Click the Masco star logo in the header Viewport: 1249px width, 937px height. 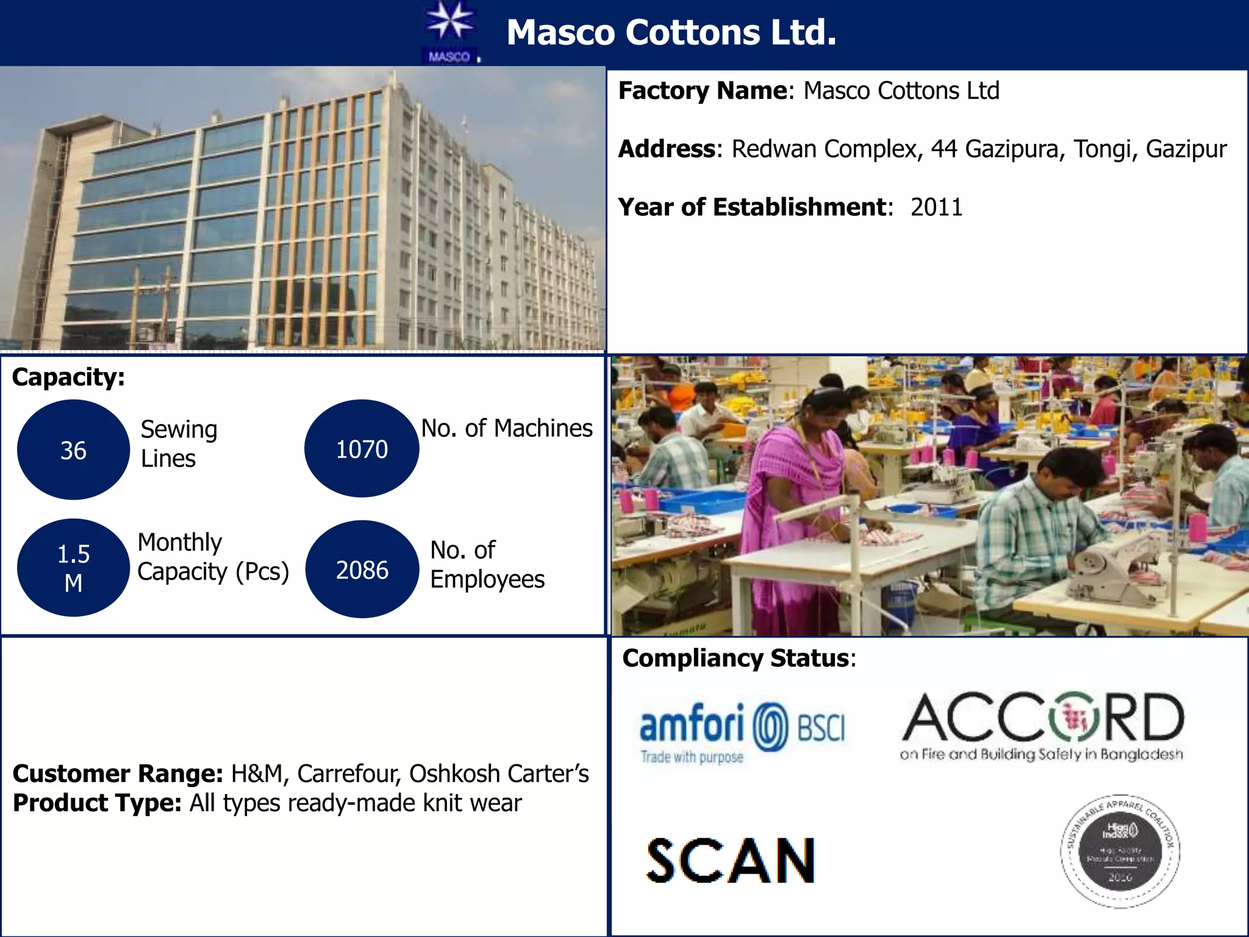point(450,32)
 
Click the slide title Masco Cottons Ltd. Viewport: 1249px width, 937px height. point(671,32)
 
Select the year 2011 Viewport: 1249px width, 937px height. point(936,207)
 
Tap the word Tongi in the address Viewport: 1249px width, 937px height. point(1102,149)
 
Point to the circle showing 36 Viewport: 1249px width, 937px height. point(73,450)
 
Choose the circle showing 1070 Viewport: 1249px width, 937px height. point(362,449)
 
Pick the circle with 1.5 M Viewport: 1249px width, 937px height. point(73,568)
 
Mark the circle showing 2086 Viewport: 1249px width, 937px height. point(362,570)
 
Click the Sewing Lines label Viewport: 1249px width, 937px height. point(179,443)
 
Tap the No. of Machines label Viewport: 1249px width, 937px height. point(507,428)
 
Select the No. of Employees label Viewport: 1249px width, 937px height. point(487,564)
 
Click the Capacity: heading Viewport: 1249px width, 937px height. point(68,377)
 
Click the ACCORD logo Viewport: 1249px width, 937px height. point(1042,726)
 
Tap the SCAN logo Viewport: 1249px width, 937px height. point(731,860)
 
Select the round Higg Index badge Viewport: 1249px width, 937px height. point(1120,852)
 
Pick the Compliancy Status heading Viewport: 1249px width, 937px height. point(739,658)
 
